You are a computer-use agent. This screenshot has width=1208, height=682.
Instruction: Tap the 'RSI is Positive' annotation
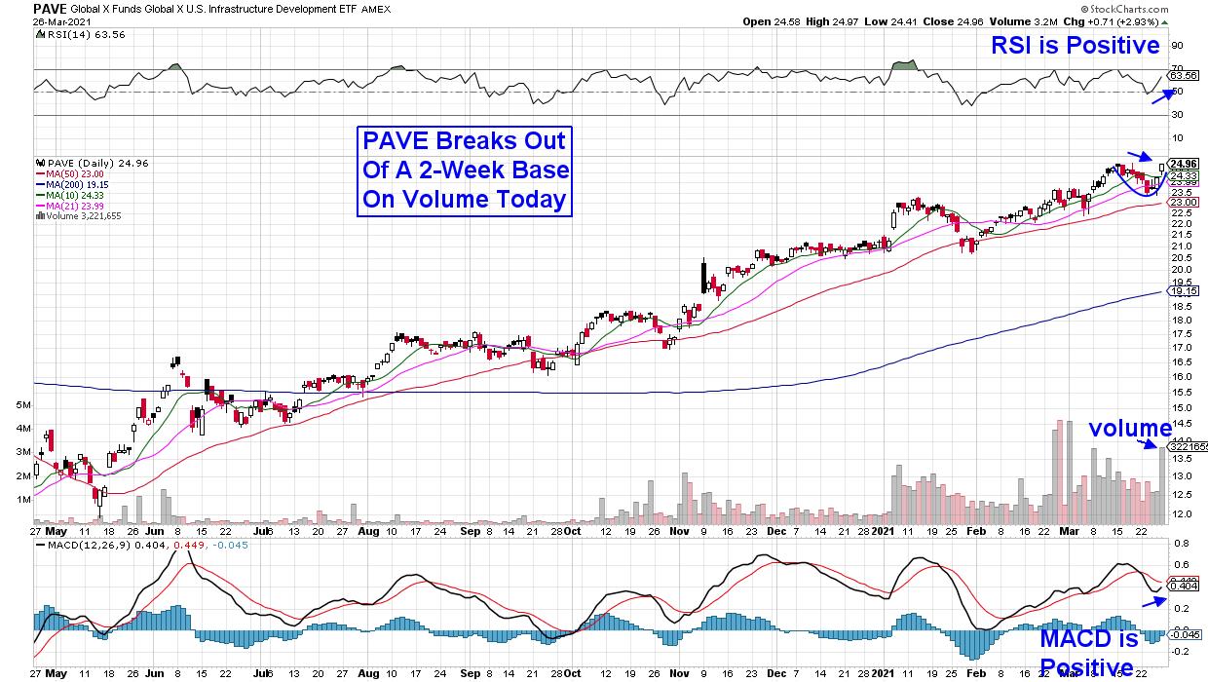[1075, 46]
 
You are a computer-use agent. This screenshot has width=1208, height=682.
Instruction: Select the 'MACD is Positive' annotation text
[1088, 653]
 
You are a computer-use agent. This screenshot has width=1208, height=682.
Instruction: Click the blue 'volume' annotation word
[1129, 428]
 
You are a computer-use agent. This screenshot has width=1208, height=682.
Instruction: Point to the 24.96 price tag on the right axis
[1183, 163]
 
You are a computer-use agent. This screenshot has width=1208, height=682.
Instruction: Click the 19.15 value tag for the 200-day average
[1183, 290]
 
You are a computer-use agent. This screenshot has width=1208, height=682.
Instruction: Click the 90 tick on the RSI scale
[1177, 45]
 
